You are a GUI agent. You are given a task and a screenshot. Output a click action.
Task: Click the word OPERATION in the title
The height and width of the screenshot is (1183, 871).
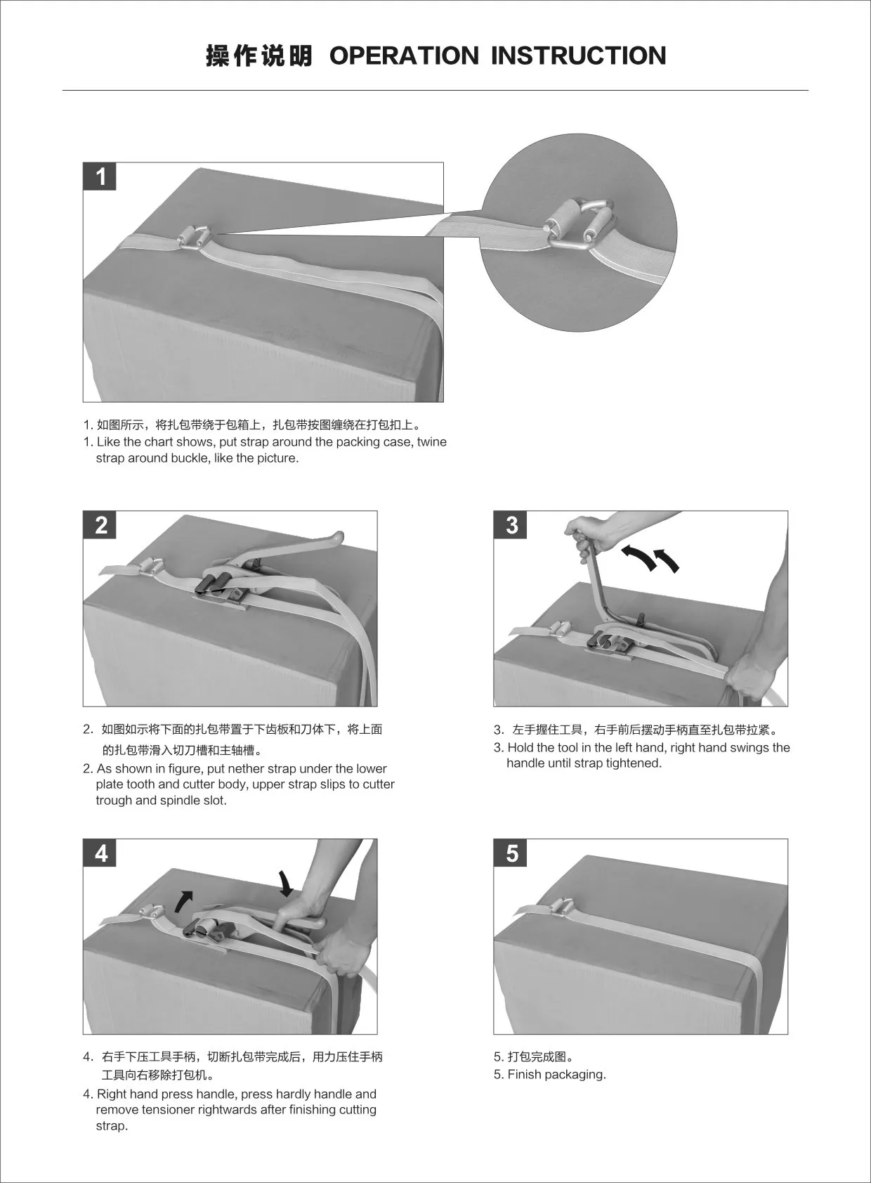[404, 56]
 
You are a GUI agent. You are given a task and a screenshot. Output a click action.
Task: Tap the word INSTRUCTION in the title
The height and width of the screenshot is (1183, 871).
[578, 56]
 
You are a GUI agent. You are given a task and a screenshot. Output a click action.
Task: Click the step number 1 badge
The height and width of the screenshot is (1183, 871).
[100, 176]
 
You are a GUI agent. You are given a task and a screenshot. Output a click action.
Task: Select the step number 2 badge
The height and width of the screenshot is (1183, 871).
[100, 525]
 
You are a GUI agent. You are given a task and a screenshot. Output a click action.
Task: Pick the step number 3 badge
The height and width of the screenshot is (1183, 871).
[511, 525]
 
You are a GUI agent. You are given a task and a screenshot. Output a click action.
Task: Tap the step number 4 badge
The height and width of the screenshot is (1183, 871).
[100, 853]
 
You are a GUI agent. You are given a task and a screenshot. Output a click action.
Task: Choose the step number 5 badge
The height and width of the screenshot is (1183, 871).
[511, 853]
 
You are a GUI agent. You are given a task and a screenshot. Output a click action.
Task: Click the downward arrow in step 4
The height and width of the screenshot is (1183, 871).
[285, 884]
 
